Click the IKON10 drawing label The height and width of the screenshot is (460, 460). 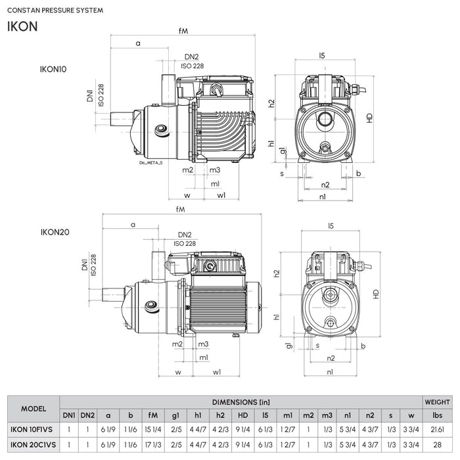pyautogui.click(x=54, y=68)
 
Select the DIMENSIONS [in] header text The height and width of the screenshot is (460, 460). pyautogui.click(x=241, y=400)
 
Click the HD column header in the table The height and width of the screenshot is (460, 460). pyautogui.click(x=242, y=415)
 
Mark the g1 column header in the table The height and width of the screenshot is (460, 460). pyautogui.click(x=175, y=415)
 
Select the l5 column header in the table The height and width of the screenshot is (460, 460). pyautogui.click(x=265, y=415)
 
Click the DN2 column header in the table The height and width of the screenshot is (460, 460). pyautogui.click(x=88, y=415)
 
